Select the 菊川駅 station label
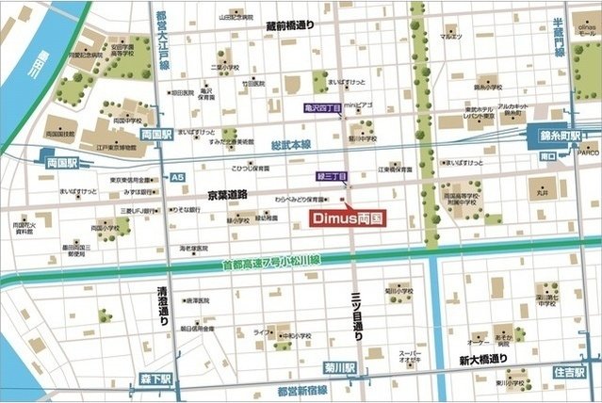pyautogui.click(x=340, y=367)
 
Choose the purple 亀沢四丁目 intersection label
pyautogui.click(x=322, y=108)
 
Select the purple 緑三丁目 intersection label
pyautogui.click(x=332, y=176)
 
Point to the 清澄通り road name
pyautogui.click(x=163, y=305)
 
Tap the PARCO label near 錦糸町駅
pyautogui.click(x=587, y=151)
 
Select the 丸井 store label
pyautogui.click(x=543, y=195)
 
